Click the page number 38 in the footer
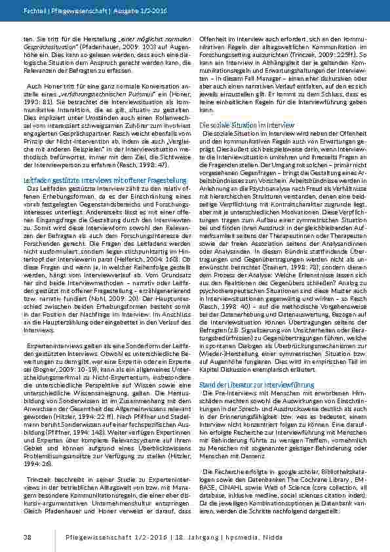point(28,537)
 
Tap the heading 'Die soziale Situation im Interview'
point(246,125)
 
